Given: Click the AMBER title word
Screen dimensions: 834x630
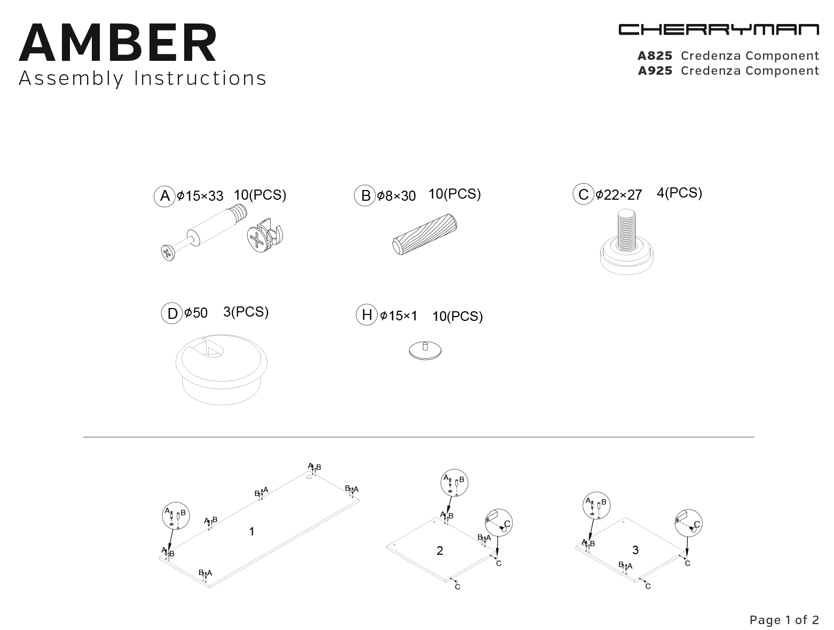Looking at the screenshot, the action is click(118, 43).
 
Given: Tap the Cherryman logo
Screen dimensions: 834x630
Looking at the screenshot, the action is click(719, 29).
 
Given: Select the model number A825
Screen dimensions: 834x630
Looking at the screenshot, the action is click(655, 56).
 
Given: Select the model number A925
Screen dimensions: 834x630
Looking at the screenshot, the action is click(655, 71).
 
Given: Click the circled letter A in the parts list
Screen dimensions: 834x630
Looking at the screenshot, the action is click(164, 196).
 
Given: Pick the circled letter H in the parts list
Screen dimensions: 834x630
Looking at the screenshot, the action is click(367, 315).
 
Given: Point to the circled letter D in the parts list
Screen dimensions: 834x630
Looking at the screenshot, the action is click(172, 313).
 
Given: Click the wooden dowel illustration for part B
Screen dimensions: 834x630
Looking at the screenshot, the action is click(424, 234).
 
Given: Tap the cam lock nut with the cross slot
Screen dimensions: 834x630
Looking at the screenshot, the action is click(265, 235).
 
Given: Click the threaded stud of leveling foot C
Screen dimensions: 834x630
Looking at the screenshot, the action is click(626, 230).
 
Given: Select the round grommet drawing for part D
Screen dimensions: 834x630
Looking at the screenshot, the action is click(222, 369).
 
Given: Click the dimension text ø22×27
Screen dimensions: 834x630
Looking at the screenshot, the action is click(619, 195).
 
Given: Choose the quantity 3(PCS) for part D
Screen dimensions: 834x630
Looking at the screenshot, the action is click(246, 312).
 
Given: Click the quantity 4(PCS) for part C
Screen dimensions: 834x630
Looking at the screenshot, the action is click(679, 193).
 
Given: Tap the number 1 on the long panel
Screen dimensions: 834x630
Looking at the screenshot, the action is click(251, 532).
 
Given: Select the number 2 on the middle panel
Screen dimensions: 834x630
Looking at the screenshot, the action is click(440, 550).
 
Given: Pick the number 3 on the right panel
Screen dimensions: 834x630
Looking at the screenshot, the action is click(635, 550).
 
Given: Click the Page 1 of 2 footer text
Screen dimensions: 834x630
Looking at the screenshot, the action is click(784, 620).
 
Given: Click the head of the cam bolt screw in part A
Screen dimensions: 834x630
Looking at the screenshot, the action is click(168, 253).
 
